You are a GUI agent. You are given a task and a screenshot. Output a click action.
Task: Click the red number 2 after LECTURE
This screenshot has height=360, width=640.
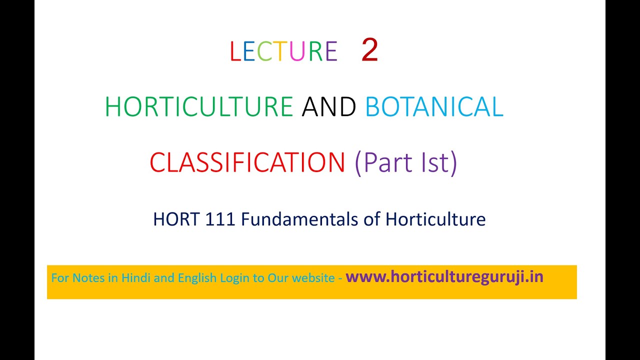pyautogui.click(x=369, y=51)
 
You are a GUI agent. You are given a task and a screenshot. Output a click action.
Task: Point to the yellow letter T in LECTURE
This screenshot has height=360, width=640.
pyautogui.click(x=281, y=51)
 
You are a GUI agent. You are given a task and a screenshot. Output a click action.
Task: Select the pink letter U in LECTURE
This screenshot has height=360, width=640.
pyautogui.click(x=298, y=51)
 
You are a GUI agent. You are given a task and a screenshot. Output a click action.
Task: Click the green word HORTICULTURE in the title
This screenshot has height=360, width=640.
pyautogui.click(x=198, y=107)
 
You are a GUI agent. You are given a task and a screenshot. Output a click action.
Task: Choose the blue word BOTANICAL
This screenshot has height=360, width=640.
pyautogui.click(x=434, y=107)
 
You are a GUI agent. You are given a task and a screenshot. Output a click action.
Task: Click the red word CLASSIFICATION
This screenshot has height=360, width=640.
pyautogui.click(x=247, y=162)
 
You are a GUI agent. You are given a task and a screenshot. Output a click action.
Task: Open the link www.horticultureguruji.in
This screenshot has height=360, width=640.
pyautogui.click(x=444, y=277)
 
